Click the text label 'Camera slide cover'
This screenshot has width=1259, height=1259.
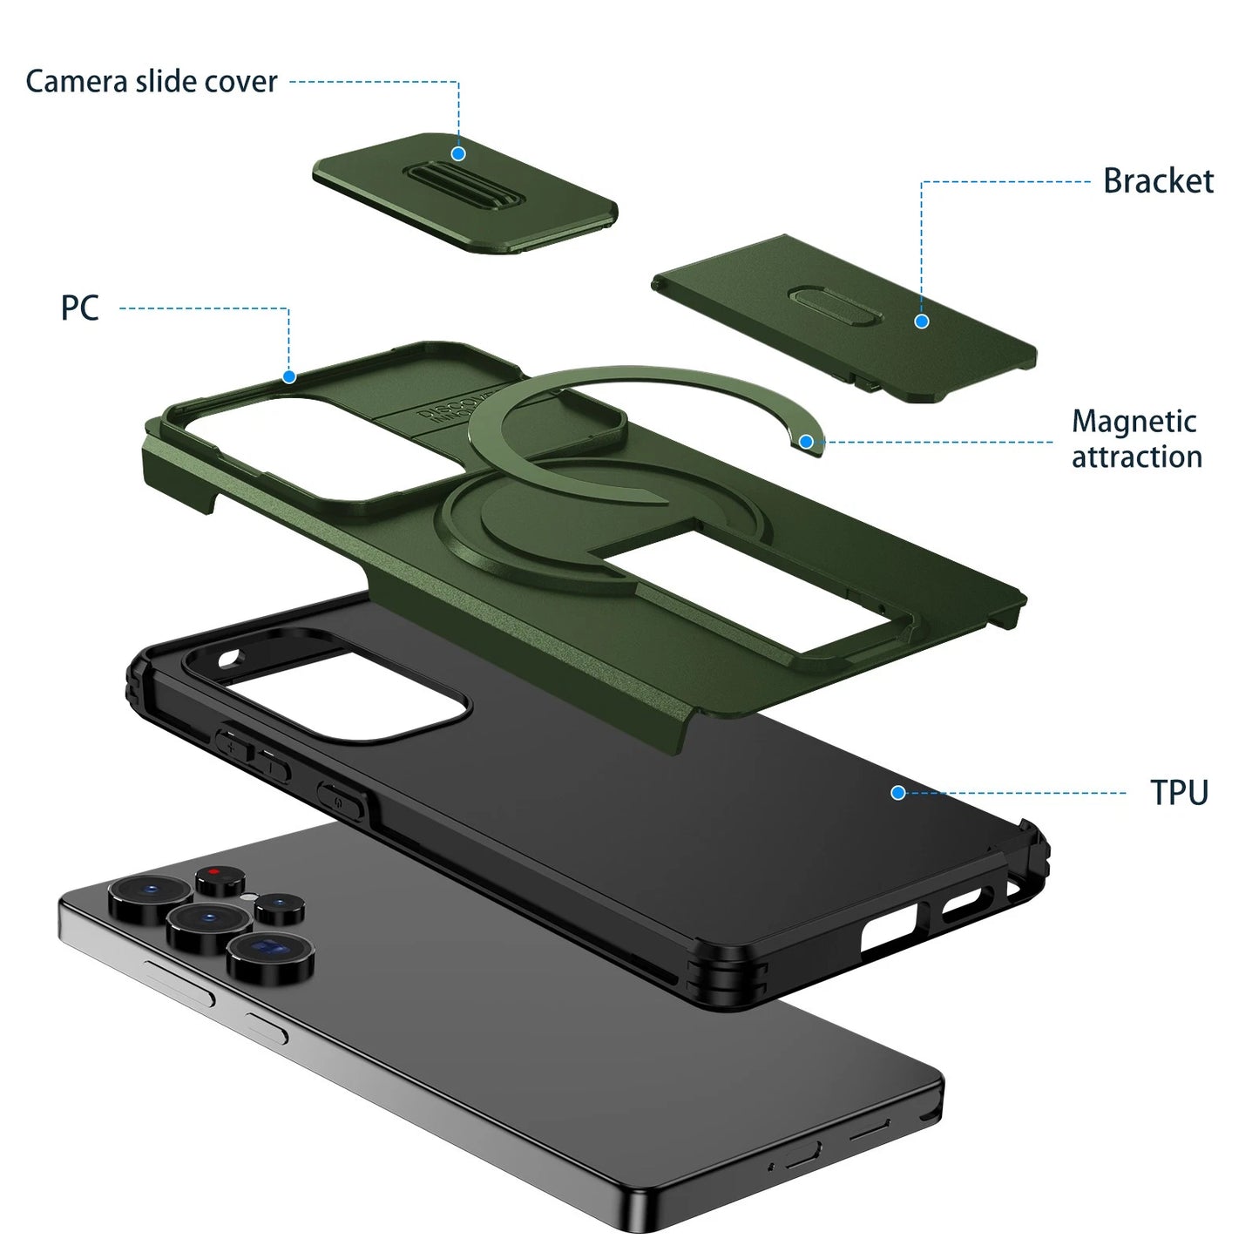tap(151, 81)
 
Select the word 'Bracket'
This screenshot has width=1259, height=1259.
tap(1157, 181)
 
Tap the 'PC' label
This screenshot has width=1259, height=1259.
tap(79, 308)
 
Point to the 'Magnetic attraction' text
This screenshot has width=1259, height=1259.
tap(1136, 439)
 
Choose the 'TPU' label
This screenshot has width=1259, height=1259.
tap(1179, 793)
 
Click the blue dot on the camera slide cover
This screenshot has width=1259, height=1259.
tap(458, 154)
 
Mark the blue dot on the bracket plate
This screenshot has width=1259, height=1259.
tap(921, 322)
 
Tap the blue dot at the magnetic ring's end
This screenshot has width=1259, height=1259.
tap(806, 443)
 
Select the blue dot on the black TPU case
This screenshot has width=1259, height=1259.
tap(898, 792)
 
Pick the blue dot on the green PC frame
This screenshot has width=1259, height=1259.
tap(289, 376)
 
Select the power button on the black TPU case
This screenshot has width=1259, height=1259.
tap(342, 796)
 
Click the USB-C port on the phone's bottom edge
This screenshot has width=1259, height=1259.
tap(802, 1157)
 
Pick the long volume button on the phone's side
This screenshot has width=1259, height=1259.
tap(178, 983)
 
